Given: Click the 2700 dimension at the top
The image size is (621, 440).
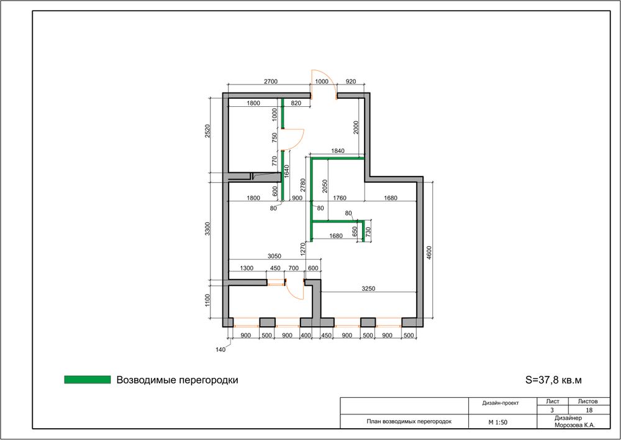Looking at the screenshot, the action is pos(271,81).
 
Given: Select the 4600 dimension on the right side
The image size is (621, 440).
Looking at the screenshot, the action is pos(429,253).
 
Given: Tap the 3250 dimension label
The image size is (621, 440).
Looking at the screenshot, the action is pos(368,288).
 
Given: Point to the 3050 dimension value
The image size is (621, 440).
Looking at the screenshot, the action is pos(274,256).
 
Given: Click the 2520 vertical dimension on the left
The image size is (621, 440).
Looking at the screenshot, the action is pos(207,131).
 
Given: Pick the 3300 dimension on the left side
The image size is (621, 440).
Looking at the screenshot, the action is pos(207,229).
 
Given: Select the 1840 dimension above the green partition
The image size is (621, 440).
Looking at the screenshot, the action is pos(337,151).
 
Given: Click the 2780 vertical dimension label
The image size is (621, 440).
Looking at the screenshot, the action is pos(303,186).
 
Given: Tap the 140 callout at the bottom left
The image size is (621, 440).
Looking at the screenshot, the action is pos(220,350).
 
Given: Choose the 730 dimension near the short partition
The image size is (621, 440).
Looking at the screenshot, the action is pos(368,231).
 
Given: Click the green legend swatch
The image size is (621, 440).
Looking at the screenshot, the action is pos(88,380).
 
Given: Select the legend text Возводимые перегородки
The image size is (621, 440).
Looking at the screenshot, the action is pos(178,380).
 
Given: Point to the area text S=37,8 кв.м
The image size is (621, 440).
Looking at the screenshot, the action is pos(554,380).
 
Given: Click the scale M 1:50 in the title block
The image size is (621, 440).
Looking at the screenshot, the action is pos(498,423).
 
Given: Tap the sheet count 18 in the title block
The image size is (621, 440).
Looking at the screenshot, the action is pos(589,410).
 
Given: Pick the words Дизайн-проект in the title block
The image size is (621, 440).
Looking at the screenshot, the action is pos(501,403).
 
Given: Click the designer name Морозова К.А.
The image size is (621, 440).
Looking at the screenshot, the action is pos(575,425).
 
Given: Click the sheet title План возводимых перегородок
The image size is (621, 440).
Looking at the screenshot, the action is pos(409,421).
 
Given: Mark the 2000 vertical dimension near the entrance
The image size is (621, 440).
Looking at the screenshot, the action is pos(356,127).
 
